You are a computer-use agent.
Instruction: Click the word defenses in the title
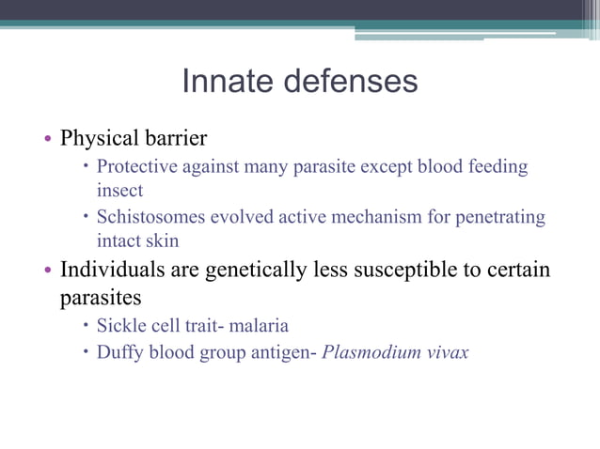click(347, 82)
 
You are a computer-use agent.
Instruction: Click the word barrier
click(171, 139)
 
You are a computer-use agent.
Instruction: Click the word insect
click(120, 190)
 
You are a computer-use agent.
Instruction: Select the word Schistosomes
click(152, 218)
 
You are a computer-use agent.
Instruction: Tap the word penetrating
click(500, 218)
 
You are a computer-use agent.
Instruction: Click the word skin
click(162, 240)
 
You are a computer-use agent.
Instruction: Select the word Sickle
click(121, 327)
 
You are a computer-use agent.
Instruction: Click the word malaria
click(257, 327)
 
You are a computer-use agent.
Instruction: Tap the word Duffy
click(120, 355)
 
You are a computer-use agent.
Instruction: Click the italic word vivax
click(447, 355)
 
